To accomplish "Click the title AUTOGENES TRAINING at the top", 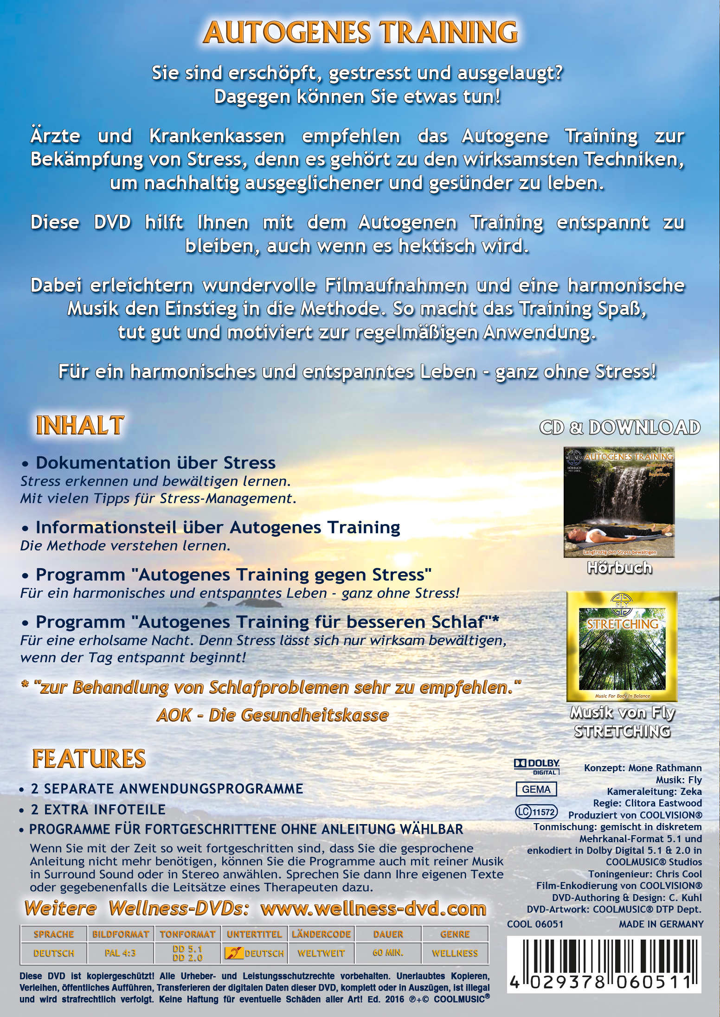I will (x=360, y=32).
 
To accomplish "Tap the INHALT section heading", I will (x=80, y=425).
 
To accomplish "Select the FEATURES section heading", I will (x=89, y=759).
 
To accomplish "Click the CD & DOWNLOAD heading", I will (x=620, y=427).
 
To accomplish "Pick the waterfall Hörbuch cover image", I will (x=619, y=502).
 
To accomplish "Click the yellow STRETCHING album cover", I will (x=622, y=646).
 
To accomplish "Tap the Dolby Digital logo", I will (x=537, y=767).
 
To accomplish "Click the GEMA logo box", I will (x=536, y=789).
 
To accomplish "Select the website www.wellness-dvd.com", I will (x=373, y=908).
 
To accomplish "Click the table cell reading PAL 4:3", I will (x=120, y=953).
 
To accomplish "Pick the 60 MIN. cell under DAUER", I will (x=388, y=953).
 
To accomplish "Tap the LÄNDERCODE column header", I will (x=321, y=934).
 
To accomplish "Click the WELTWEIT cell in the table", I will (x=321, y=953).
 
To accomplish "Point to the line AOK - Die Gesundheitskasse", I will (x=273, y=715).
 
